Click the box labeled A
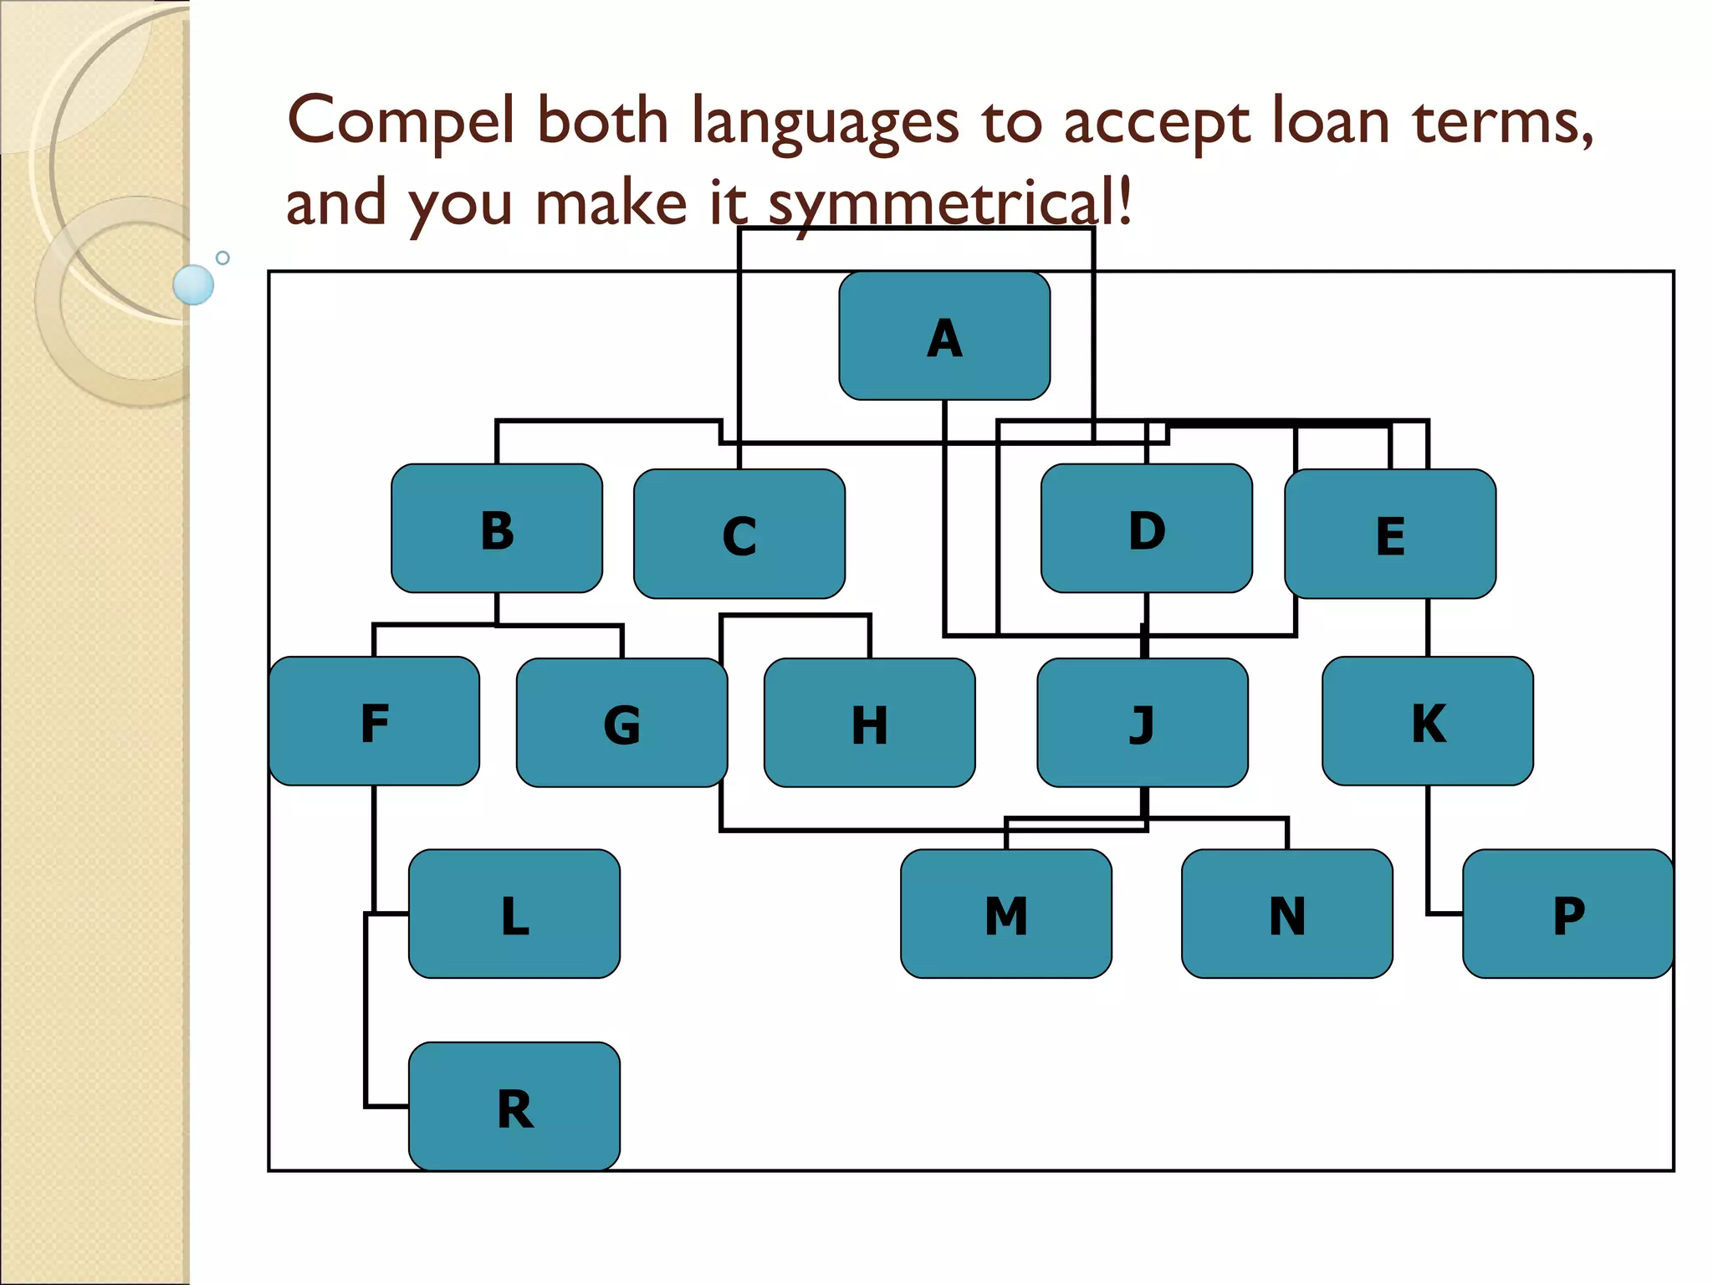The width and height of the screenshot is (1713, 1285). coord(944,336)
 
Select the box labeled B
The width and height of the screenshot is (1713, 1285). coord(497,529)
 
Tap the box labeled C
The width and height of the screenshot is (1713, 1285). coord(739,534)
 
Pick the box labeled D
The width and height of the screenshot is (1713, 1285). coord(1146,529)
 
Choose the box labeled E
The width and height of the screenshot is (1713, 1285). coord(1390,534)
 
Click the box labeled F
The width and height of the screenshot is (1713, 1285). coord(374,721)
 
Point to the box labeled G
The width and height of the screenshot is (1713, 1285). coord(621,723)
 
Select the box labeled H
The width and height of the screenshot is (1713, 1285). coord(869,723)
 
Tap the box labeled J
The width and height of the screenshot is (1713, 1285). coord(1143,723)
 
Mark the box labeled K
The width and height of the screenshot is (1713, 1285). coord(1428,721)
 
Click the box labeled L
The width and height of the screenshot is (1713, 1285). coord(514,914)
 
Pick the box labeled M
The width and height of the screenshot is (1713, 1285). coord(1006,914)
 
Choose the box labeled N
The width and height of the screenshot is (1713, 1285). coord(1287,914)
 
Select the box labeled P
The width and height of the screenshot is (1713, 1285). coord(1568,914)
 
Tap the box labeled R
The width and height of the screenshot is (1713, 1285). coord(514,1106)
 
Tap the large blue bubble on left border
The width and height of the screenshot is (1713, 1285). coord(193,284)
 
